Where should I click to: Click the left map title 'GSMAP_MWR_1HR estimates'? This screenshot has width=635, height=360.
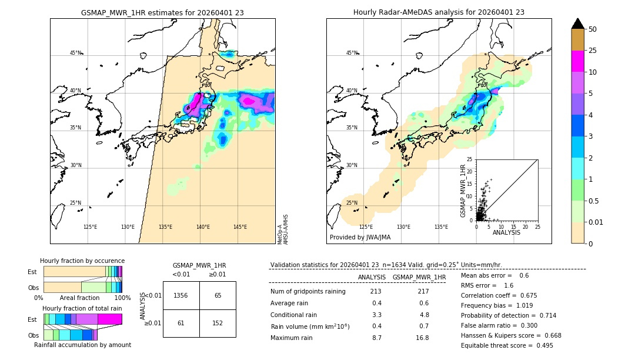pos(162,12)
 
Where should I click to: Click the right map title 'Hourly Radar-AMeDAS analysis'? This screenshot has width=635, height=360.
pos(439,12)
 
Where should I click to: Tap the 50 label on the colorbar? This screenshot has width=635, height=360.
pos(593,29)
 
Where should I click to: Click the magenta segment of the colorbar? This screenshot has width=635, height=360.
pos(578,61)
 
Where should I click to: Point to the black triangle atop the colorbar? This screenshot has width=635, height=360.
pos(578,24)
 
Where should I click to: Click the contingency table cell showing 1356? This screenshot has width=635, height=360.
pos(181,295)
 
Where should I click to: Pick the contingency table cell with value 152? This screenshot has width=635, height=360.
pos(218,323)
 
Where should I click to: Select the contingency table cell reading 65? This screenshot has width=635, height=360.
pos(218,295)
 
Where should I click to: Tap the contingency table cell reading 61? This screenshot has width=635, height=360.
pos(181,323)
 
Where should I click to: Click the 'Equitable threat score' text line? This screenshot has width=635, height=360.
pos(507,345)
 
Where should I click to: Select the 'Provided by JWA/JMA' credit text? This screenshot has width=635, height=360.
pos(360,238)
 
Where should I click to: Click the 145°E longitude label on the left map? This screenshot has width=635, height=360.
pos(240,227)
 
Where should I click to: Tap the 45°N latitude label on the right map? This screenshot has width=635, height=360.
pos(352,53)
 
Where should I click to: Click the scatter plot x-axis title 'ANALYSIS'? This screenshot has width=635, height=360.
pos(506,232)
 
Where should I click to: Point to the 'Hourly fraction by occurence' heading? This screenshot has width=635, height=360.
pos(82,261)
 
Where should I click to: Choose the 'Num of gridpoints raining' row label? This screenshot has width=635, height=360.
pos(308,292)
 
